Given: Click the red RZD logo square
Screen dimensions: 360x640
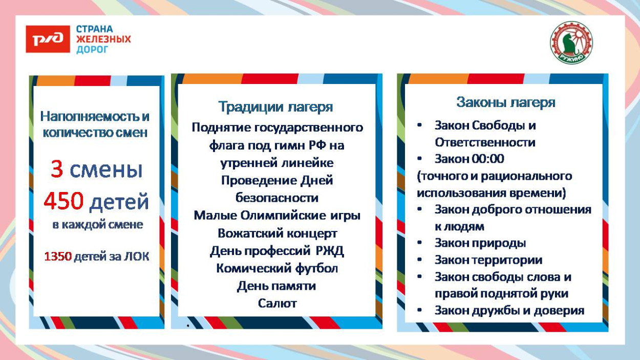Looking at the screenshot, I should [x=48, y=39].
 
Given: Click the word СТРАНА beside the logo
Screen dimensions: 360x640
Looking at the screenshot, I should [x=95, y=29].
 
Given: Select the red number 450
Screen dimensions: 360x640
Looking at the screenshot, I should [x=63, y=202].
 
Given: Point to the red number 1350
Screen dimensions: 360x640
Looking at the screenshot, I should [x=57, y=257].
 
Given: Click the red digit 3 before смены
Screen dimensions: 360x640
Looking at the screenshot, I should [x=56, y=170].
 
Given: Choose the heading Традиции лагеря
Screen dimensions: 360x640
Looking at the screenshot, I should [x=275, y=107].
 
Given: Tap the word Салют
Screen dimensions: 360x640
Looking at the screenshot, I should [x=277, y=303].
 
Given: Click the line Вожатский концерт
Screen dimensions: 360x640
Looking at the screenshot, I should [x=277, y=234].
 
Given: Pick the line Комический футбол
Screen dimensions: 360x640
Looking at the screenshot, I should [x=277, y=268].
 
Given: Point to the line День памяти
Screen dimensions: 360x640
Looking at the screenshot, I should [x=276, y=286].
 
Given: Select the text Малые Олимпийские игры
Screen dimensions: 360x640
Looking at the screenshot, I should [x=277, y=216].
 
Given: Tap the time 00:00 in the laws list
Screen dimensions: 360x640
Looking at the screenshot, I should [x=488, y=159].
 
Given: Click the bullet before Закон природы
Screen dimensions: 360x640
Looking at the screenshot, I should [x=420, y=243].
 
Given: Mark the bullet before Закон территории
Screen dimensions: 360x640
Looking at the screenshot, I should [x=420, y=260].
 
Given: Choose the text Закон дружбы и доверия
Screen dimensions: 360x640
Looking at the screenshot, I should [x=509, y=310].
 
